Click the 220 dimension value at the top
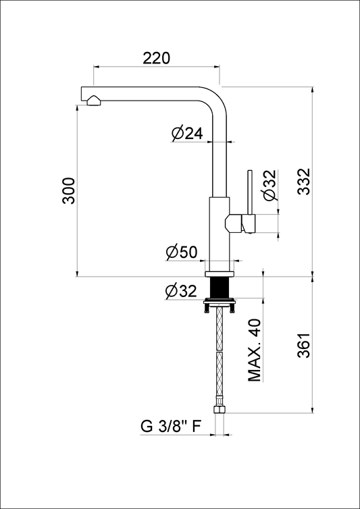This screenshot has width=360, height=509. [x=157, y=58]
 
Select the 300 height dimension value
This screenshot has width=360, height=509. [x=69, y=190]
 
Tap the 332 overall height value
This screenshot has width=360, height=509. [x=305, y=181]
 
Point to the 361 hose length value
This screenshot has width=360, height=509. [x=305, y=345]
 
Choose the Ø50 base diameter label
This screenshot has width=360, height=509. [x=182, y=252]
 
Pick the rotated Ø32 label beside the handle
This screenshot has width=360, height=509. [x=270, y=186]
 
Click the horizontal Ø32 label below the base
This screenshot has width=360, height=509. [x=181, y=291]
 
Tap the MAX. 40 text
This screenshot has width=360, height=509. [x=255, y=350]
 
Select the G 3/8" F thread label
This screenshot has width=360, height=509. [x=170, y=427]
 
